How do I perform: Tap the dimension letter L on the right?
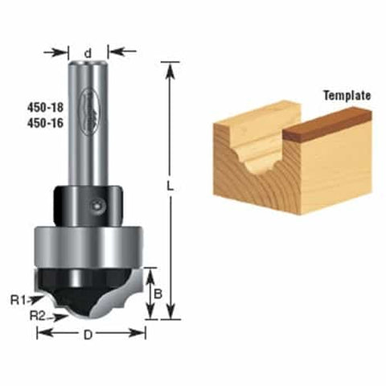(x=172, y=185)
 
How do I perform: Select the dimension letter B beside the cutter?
(x=158, y=295)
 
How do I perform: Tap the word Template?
(x=347, y=95)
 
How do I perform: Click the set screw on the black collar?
(x=97, y=206)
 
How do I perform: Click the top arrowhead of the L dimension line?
(x=169, y=66)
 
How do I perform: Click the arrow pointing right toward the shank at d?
(x=62, y=52)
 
